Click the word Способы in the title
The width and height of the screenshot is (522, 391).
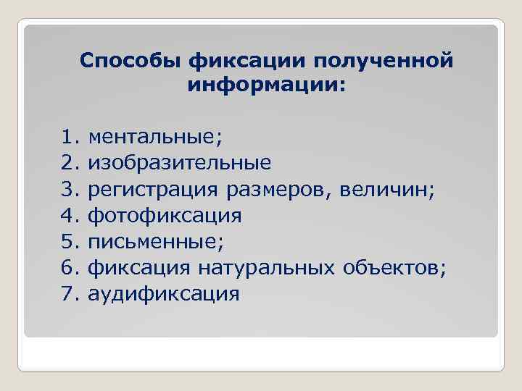[130, 61]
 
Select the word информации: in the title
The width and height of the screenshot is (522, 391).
[267, 85]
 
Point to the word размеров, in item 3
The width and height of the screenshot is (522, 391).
[273, 190]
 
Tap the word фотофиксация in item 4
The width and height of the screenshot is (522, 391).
[165, 216]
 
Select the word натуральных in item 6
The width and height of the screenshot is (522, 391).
[262, 268]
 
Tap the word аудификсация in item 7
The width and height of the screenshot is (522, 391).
[163, 294]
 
